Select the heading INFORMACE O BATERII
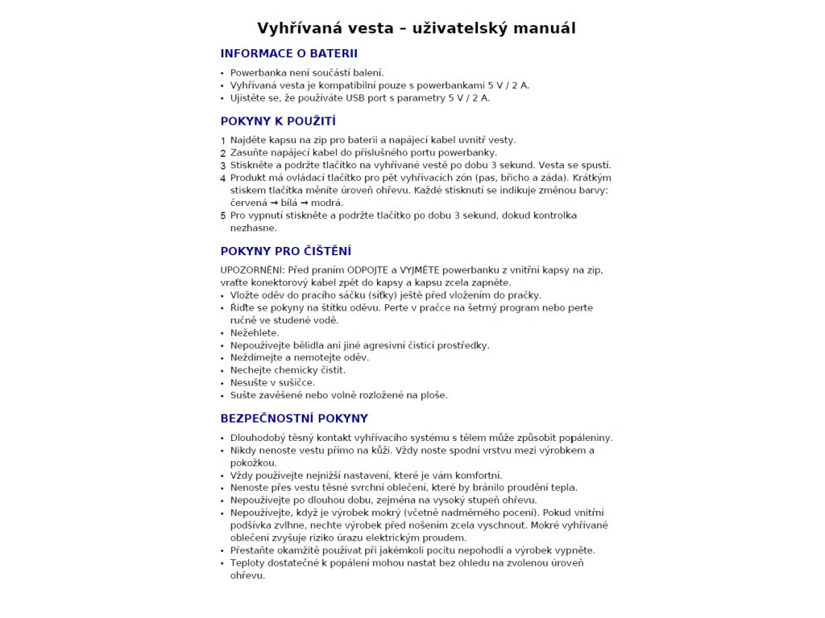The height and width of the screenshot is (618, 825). tap(288, 54)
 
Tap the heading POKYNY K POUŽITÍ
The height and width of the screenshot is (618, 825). tap(278, 122)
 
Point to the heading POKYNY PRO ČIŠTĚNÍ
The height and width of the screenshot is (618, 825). tap(286, 251)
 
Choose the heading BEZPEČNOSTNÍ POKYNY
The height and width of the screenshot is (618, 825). tap(294, 418)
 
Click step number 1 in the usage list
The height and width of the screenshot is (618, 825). tap(223, 141)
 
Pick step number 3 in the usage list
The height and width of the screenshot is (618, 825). tap(223, 166)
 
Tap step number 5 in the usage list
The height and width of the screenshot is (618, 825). tap(223, 216)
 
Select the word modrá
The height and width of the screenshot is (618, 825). tap(327, 203)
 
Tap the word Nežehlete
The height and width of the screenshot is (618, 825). tap(255, 332)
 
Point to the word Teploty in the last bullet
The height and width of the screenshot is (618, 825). tap(249, 562)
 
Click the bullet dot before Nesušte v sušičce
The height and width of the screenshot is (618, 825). tap(223, 382)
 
